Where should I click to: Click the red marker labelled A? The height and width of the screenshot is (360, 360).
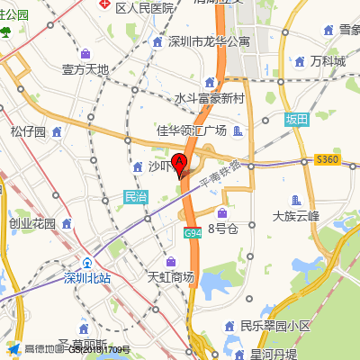[179, 165]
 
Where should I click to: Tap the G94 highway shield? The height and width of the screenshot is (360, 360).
[192, 233]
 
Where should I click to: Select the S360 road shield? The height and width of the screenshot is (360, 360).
[328, 159]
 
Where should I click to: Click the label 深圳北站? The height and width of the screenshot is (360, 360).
[86, 277]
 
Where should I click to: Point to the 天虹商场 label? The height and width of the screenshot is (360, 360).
[170, 277]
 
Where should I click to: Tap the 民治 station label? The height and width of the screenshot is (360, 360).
[135, 196]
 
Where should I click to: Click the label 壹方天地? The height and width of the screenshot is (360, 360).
[85, 69]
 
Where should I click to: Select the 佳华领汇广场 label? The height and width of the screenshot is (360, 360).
[192, 130]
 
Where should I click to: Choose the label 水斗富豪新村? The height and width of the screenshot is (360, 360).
[210, 98]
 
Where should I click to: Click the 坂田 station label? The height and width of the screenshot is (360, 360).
[296, 120]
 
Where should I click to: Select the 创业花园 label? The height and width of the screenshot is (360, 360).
[32, 223]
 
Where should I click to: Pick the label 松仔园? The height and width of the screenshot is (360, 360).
[28, 131]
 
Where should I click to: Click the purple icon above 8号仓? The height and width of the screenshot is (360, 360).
[222, 212]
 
